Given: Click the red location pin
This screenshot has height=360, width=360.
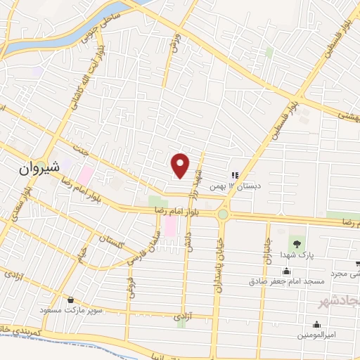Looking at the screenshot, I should point(181,165).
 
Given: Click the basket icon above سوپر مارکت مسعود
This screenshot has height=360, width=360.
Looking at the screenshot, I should point(70,300).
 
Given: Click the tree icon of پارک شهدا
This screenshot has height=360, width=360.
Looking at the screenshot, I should point(297,243).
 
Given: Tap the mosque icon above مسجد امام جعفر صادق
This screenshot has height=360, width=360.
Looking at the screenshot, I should point(286,271).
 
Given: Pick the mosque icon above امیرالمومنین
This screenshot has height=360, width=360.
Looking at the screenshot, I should point(317,324).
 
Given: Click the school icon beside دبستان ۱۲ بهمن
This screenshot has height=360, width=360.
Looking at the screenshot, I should point(235,175).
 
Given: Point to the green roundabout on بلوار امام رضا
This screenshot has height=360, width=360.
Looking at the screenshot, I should point(223,214).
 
